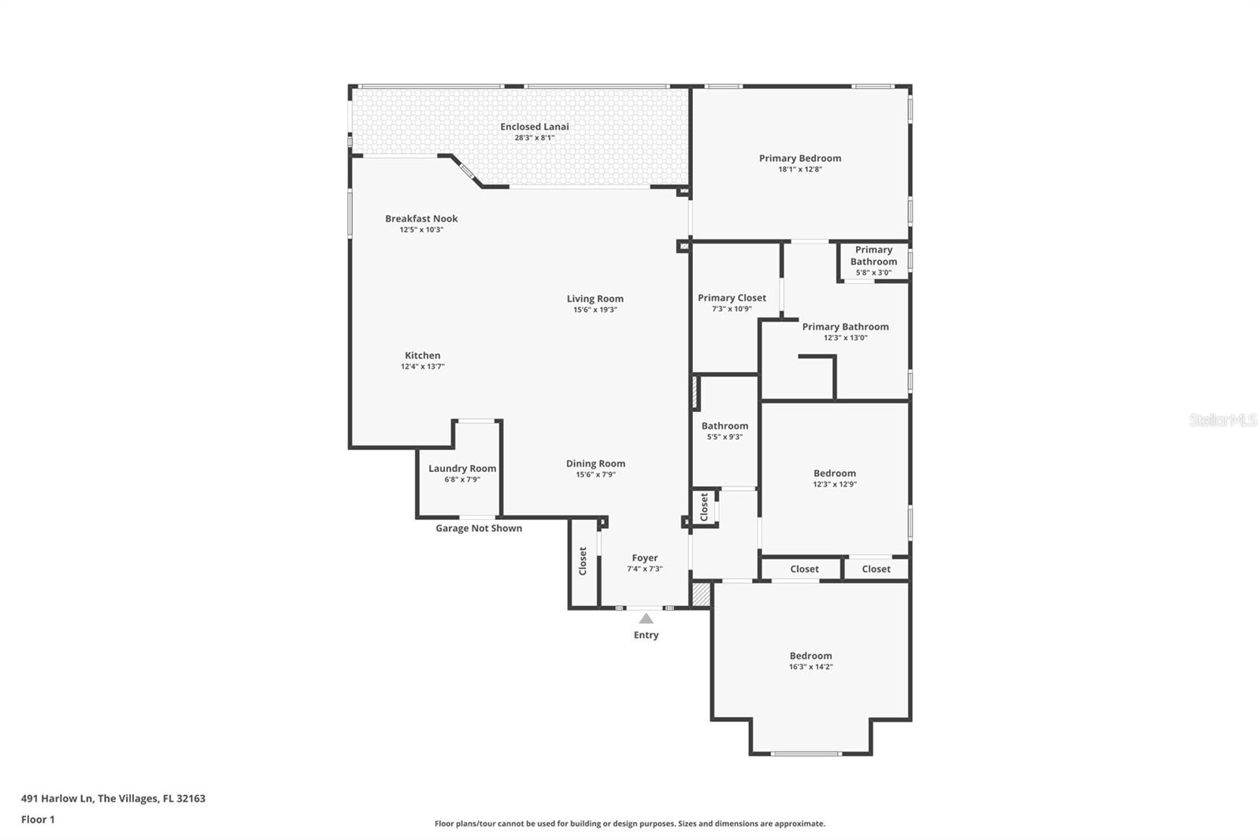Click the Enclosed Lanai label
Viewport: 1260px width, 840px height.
point(534,126)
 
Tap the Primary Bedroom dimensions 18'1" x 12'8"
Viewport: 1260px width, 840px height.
point(800,169)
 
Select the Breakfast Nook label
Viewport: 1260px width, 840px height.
point(421,218)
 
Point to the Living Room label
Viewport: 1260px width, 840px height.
point(595,299)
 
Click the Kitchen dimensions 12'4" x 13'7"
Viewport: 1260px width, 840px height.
point(423,366)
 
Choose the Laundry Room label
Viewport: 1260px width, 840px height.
point(462,468)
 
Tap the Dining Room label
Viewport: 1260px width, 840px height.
point(595,463)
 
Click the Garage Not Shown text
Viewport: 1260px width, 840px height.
point(479,528)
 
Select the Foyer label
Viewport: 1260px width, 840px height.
point(644,558)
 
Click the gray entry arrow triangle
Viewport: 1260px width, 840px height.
point(646,619)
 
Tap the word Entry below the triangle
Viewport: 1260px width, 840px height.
point(646,635)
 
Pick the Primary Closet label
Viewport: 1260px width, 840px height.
point(732,298)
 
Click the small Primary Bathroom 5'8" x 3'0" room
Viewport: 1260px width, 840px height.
point(873,261)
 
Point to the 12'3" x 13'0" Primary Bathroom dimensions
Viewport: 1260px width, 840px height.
point(845,338)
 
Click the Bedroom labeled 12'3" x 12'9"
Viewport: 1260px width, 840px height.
point(835,478)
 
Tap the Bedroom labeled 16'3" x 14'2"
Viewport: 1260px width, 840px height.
point(810,660)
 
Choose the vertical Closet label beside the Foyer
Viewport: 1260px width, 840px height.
point(583,561)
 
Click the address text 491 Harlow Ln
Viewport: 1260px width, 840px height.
point(113,798)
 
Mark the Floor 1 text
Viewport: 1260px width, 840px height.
point(38,820)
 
